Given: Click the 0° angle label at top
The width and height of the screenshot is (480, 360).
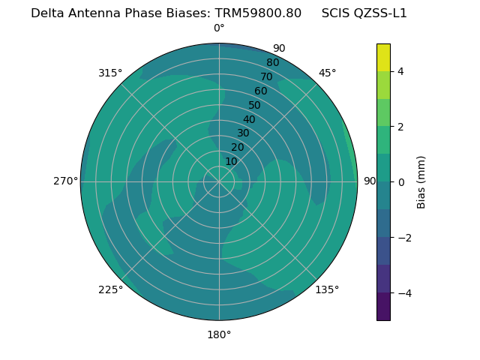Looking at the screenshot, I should click(219, 28).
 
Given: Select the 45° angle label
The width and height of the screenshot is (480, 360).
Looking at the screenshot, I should click(327, 73).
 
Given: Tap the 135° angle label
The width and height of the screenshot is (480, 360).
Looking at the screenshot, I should click(327, 289).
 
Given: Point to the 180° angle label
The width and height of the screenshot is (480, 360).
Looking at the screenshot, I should click(219, 334).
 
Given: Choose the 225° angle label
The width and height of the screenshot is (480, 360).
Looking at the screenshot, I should click(110, 289).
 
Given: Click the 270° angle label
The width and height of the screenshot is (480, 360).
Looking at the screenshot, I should click(65, 181).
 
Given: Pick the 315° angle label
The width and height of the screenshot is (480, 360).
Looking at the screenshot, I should click(110, 73).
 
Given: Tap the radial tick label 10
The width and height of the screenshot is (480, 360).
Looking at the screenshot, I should click(231, 162).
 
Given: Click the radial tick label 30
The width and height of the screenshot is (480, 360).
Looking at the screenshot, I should click(243, 133).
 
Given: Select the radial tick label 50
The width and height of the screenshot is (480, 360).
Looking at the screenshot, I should click(255, 106).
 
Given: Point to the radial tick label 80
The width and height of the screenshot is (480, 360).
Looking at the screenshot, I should click(273, 63).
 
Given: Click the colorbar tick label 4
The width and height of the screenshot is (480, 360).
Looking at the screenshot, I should click(401, 71).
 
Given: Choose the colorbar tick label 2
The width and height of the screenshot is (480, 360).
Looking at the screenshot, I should click(401, 127).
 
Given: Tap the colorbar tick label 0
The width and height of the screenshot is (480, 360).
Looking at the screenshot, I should click(401, 182).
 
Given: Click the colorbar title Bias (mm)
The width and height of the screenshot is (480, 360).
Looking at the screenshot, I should click(421, 182).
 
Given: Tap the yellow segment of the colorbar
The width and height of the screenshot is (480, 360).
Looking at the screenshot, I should click(383, 58).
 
